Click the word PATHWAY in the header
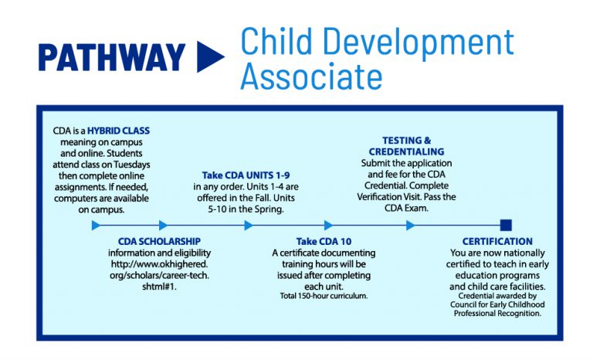(111, 57)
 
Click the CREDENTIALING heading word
(406, 152)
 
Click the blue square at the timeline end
(506, 226)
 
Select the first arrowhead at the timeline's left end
(96, 226)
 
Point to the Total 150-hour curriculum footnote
(324, 296)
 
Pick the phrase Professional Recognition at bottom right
(497, 314)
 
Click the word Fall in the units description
(249, 197)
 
